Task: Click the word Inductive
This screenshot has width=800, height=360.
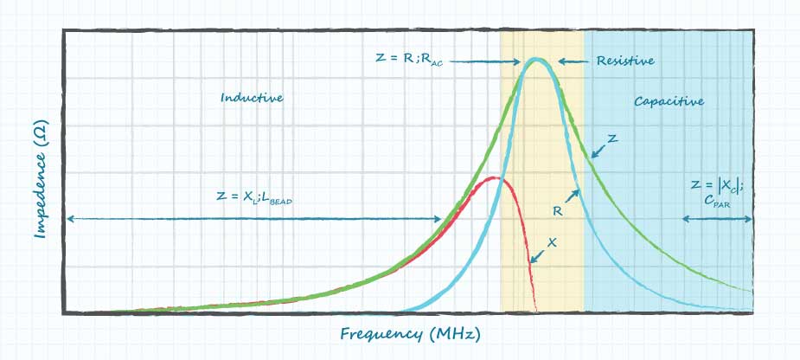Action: point(252,98)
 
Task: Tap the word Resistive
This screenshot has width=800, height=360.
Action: point(624,61)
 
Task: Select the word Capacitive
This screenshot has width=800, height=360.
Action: point(669,101)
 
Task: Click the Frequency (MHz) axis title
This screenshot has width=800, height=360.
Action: point(409,333)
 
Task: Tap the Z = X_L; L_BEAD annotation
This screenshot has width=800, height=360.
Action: point(254,197)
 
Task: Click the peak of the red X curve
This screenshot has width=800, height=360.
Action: point(494,178)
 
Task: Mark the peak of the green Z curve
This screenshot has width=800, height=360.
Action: point(536,59)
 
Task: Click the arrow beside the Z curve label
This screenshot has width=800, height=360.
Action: point(597,152)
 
